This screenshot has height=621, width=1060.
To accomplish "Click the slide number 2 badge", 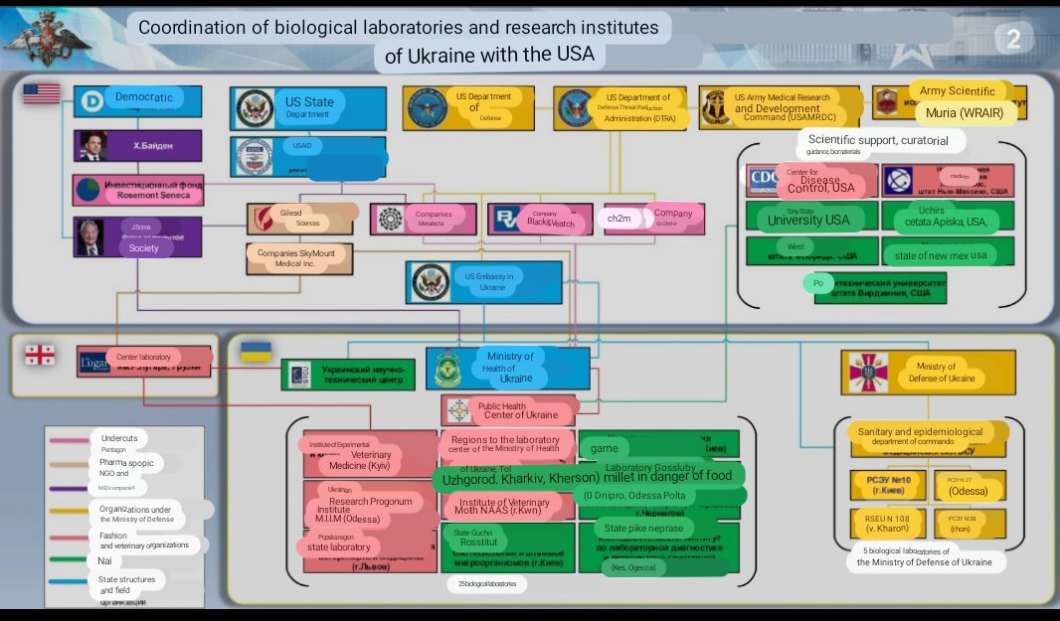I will coord(1012,40).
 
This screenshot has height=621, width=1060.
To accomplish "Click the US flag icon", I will coord(42,94).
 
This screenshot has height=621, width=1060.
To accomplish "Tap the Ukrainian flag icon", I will coord(257,351).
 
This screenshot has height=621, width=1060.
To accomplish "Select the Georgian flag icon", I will coord(40,354).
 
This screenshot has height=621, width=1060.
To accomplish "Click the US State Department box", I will coord(308,107).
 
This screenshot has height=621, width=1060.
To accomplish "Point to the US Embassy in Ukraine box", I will coord(484,281).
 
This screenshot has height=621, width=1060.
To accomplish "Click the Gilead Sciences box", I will coord(301,218).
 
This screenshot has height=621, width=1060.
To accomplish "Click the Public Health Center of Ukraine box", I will coord(509,409).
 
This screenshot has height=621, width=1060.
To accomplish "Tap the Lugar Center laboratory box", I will coord(145,362).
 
